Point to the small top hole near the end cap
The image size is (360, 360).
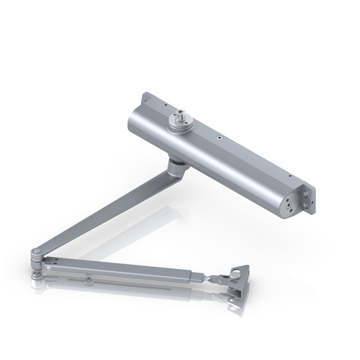pos(289,174)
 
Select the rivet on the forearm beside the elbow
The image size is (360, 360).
pos(47,268)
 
